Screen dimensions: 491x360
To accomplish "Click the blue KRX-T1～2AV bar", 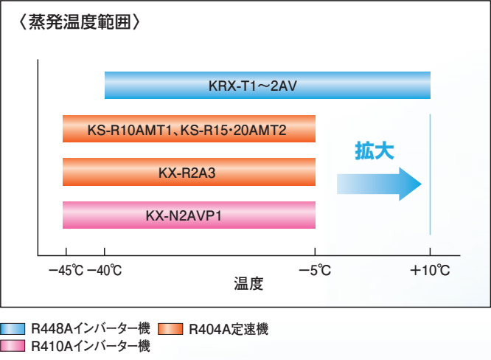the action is [268, 86].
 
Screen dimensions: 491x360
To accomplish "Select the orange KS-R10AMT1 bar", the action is [189, 129].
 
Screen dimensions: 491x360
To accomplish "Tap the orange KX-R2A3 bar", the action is [189, 172].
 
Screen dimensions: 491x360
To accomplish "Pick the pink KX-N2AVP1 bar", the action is [189, 215].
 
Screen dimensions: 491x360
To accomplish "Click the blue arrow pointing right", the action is [379, 184].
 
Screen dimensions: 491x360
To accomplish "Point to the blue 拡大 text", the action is [375, 151].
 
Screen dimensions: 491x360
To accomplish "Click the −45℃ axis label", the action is [66, 271].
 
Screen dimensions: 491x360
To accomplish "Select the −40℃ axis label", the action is [104, 271].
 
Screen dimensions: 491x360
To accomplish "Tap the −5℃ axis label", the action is [315, 271].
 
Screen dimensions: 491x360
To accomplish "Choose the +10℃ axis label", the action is [430, 271].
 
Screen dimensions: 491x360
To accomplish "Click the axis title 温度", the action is [248, 283].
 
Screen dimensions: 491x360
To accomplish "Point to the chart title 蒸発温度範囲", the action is [80, 22].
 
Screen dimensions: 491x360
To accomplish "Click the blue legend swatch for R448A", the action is [13, 329].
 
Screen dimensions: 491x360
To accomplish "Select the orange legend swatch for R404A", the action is [170, 329].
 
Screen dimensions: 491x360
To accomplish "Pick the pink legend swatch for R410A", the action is [13, 346].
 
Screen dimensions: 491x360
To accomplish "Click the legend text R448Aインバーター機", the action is [91, 329].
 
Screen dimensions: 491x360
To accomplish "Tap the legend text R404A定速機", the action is [229, 329].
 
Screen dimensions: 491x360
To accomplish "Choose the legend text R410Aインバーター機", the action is [91, 346].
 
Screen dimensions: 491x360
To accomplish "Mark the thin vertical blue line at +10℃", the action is [431, 174].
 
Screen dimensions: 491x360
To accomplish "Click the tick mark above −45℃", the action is [66, 252].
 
